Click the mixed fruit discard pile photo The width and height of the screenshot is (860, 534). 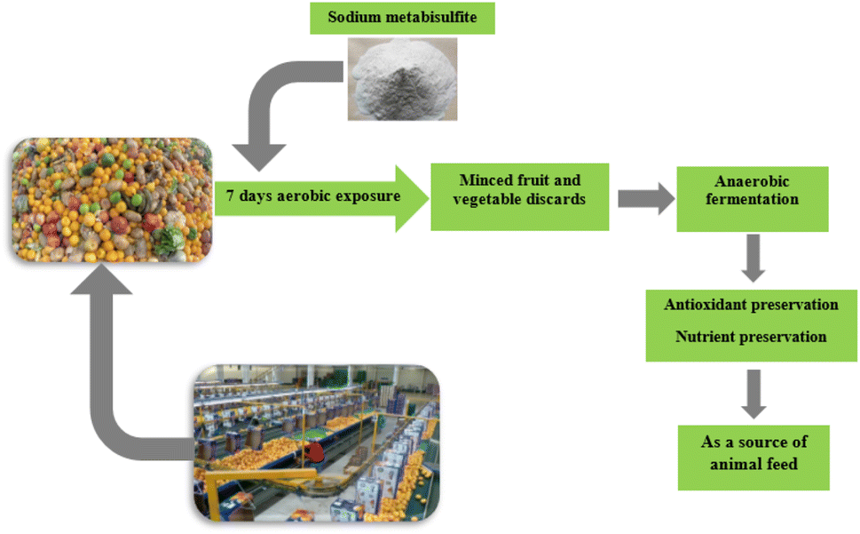coord(112,200)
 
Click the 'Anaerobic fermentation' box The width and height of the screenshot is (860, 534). coord(752,190)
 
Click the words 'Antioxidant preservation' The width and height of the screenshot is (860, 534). coord(751,305)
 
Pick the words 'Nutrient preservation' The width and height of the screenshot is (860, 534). coord(751,337)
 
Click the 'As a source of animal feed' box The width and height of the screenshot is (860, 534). coord(753,453)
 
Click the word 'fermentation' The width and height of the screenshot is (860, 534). coord(752,200)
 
